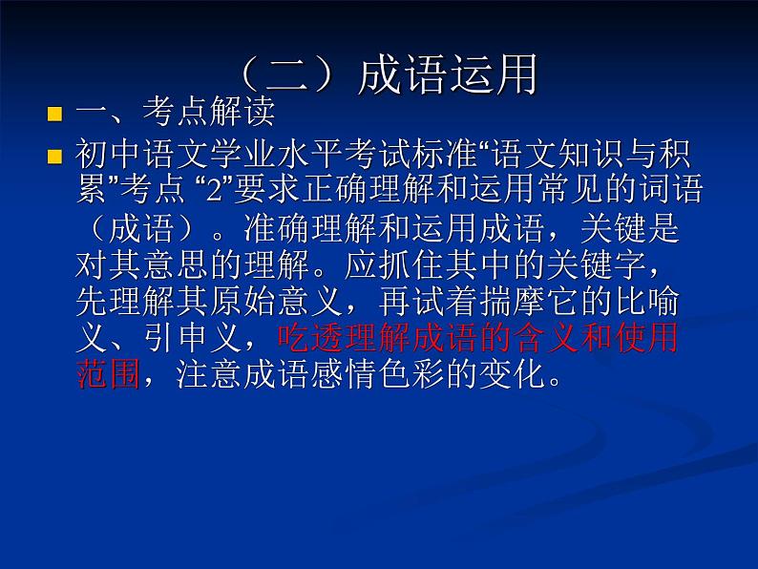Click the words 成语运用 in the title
coord(448,76)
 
